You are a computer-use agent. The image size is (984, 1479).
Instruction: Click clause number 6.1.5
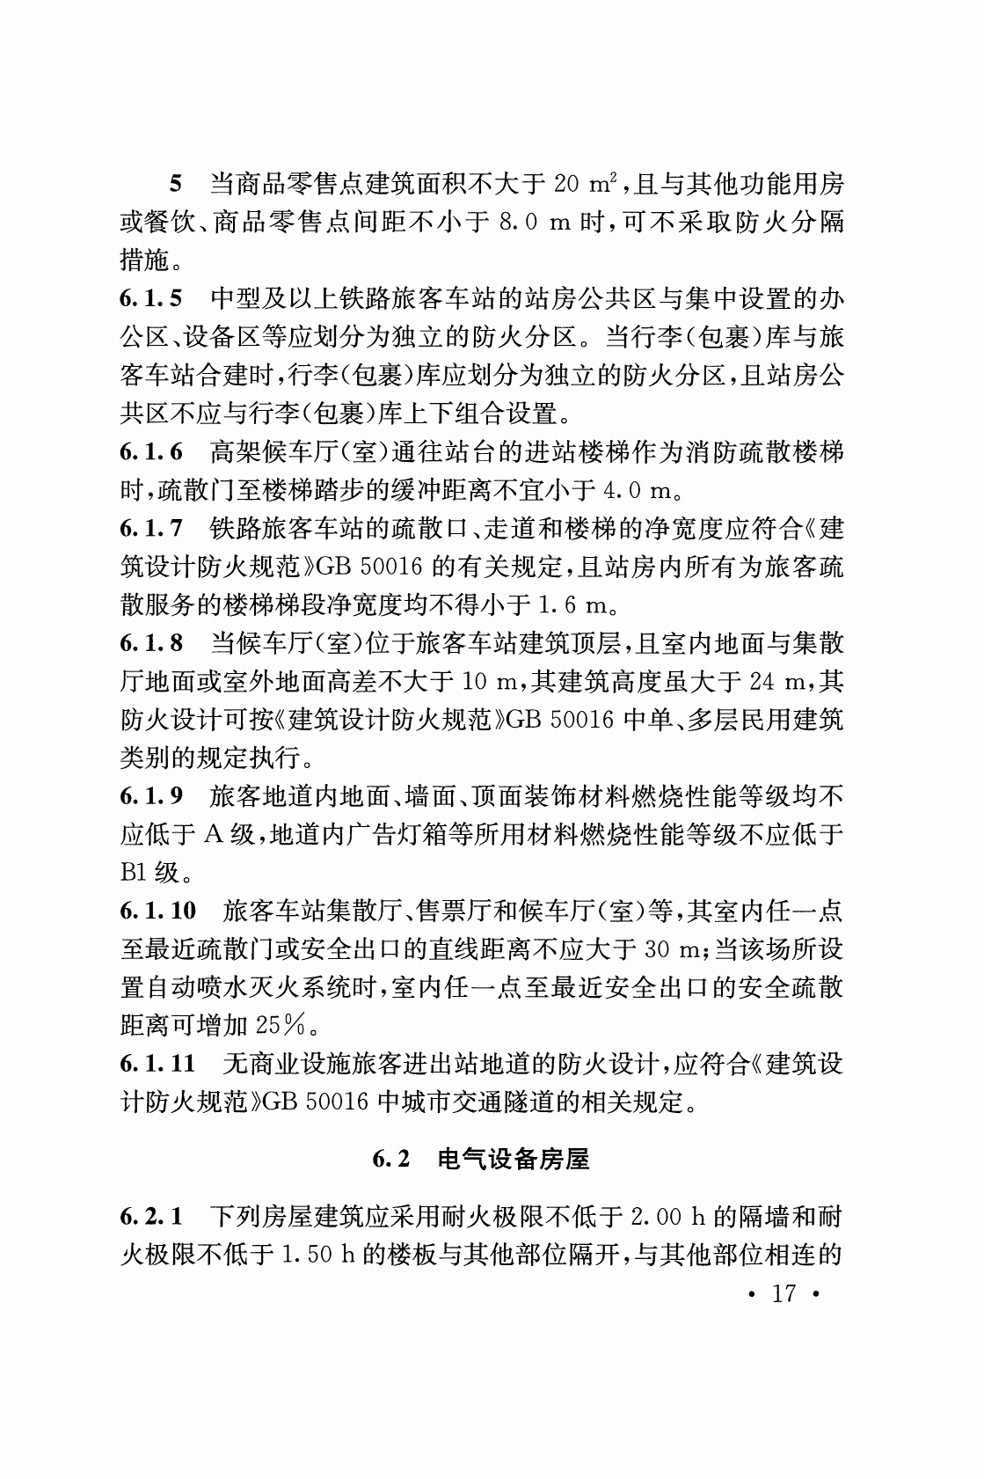pyautogui.click(x=151, y=299)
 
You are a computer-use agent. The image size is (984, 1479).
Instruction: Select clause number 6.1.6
pyautogui.click(x=151, y=452)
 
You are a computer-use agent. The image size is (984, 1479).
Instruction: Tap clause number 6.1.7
pyautogui.click(x=151, y=529)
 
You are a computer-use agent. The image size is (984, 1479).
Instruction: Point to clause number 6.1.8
pyautogui.click(x=151, y=643)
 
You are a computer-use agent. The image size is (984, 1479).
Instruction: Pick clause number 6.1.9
pyautogui.click(x=151, y=796)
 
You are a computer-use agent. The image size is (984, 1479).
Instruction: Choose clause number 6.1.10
pyautogui.click(x=158, y=911)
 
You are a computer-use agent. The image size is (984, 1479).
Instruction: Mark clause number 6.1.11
pyautogui.click(x=158, y=1064)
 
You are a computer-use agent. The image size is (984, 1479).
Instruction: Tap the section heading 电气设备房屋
pyautogui.click(x=513, y=1160)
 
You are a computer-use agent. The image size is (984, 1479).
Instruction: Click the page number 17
pyautogui.click(x=782, y=1293)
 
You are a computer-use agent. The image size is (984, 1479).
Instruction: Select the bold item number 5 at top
pyautogui.click(x=175, y=185)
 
